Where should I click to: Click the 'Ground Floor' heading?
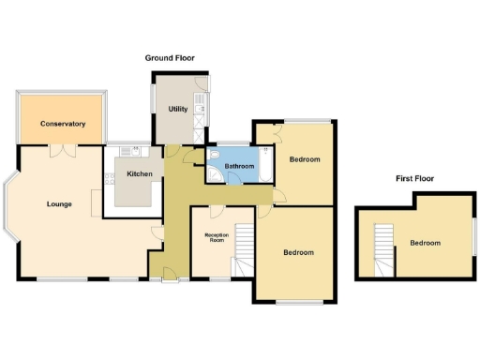point(169,58)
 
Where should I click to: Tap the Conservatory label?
point(63,124)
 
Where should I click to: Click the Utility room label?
point(177,110)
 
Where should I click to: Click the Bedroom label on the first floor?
point(425,243)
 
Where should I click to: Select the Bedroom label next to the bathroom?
point(304,159)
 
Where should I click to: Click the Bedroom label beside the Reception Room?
point(298,252)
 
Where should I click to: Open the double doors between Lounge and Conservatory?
point(63,148)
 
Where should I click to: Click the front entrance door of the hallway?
point(169,275)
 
